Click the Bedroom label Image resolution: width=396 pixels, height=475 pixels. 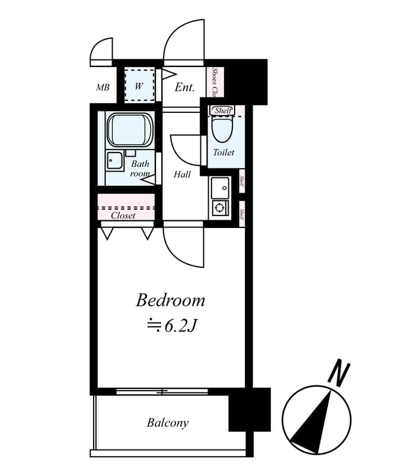point(170,300)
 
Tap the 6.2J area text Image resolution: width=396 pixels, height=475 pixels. point(171,325)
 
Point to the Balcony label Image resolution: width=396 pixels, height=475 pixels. point(168,423)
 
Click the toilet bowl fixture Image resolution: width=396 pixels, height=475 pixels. point(223,129)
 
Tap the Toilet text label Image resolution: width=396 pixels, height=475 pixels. point(223,153)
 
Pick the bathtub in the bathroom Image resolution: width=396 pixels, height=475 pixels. point(130,130)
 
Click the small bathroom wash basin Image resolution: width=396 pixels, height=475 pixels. point(114,160)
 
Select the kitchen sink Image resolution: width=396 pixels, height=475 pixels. point(220,187)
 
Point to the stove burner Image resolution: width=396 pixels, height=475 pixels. point(220,208)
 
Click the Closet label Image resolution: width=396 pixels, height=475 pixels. point(123,216)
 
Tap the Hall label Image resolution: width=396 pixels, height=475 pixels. point(182,175)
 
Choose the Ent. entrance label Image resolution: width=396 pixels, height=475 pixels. point(184,88)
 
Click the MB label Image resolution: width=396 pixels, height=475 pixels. point(103,88)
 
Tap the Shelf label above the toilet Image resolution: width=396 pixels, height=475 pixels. point(222,110)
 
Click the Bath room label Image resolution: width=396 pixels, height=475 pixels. point(140,169)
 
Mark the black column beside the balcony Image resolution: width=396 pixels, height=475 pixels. point(249,410)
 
